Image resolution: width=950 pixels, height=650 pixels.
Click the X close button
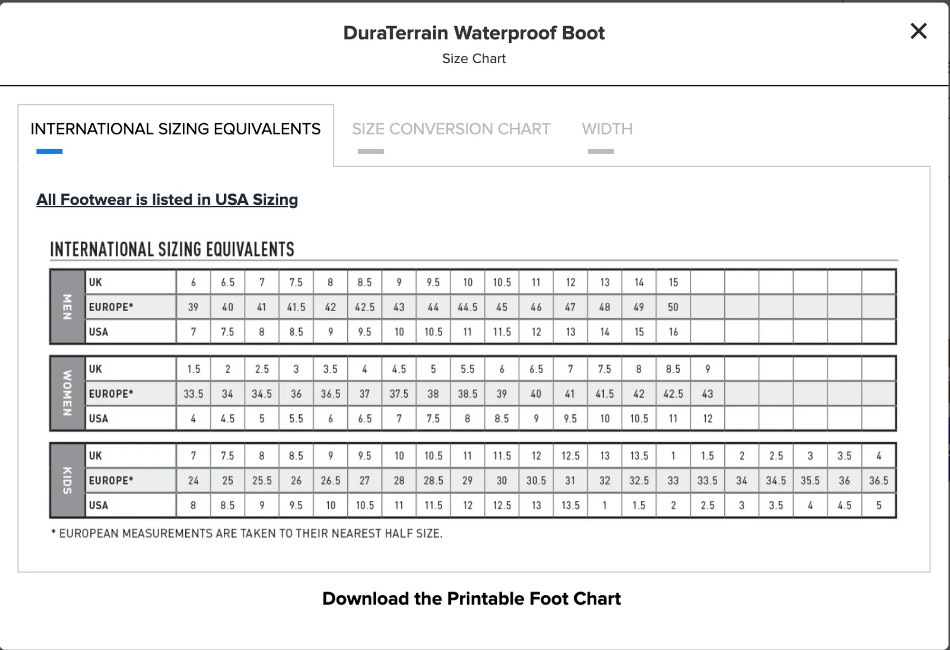point(918,31)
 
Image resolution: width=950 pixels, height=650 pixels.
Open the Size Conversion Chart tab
point(451,129)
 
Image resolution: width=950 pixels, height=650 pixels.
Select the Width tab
point(607,129)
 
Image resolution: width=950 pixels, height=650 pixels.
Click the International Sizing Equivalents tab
point(175,129)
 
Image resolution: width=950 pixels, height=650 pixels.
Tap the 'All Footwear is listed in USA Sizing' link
point(167,200)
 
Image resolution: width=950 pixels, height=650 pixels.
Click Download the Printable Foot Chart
point(471,599)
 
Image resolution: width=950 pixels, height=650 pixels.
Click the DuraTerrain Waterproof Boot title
point(474,33)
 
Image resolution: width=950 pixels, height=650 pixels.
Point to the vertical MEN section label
point(67,307)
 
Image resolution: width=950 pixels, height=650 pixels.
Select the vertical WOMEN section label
point(67,393)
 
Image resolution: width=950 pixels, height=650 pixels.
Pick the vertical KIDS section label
point(67,480)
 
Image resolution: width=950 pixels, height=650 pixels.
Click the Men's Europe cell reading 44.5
point(467,307)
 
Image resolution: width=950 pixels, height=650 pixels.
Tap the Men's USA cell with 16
point(673,332)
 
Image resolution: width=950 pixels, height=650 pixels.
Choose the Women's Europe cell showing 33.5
point(193,394)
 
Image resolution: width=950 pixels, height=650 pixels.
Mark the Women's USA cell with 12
point(707,419)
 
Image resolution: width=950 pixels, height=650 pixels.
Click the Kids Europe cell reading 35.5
point(810,480)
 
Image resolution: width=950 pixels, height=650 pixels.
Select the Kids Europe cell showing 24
point(193,480)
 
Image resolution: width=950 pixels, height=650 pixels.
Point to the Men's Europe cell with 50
point(673,307)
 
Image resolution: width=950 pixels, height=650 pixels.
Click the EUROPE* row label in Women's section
point(111,394)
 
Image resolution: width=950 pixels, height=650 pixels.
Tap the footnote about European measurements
point(247,534)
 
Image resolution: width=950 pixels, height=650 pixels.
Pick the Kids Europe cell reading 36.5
point(878,480)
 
